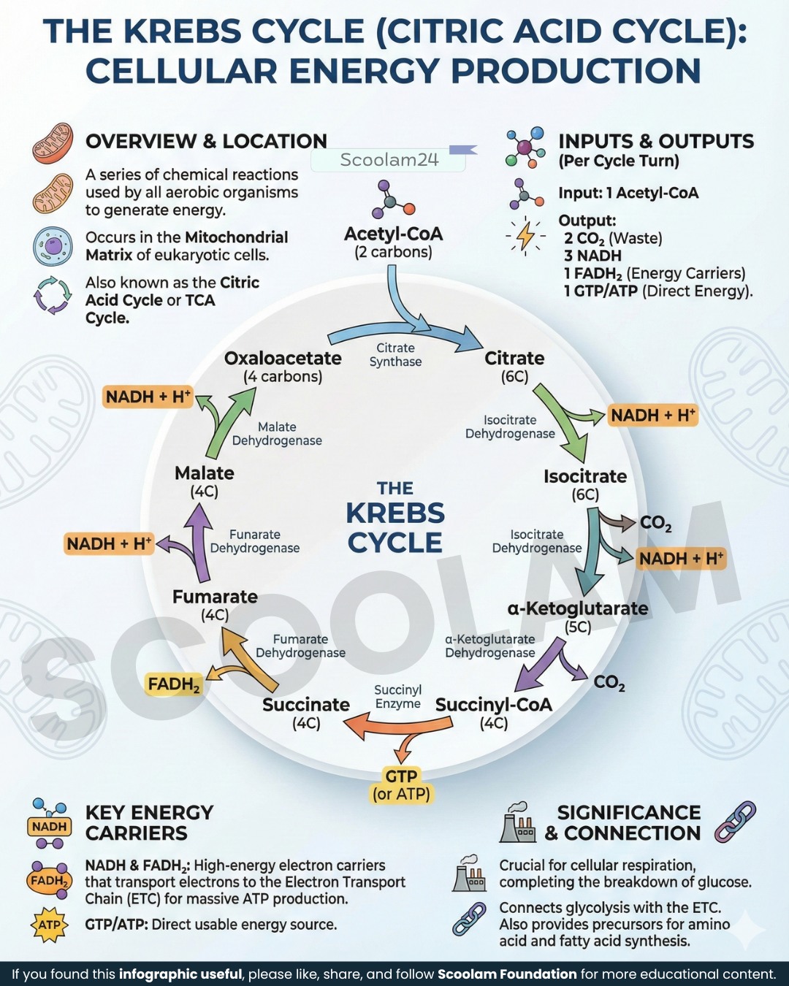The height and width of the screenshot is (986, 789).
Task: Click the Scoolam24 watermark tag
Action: tap(389, 159)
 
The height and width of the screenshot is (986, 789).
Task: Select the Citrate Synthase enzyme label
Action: tap(395, 355)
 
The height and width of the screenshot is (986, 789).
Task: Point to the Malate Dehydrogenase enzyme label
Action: tap(277, 433)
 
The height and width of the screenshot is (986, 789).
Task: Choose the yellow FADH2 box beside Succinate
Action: tap(174, 684)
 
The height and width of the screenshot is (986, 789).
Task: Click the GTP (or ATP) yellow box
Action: tap(402, 785)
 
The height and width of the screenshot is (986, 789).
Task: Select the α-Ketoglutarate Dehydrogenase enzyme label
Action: tap(490, 646)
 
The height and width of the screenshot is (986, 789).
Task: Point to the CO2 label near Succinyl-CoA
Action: tap(609, 683)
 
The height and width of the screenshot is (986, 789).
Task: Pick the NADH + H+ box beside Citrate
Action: tap(653, 416)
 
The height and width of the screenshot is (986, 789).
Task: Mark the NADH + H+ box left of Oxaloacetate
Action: tap(148, 397)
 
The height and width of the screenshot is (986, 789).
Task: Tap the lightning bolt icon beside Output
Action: tap(525, 237)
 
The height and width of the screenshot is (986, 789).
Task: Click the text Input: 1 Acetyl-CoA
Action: tap(628, 193)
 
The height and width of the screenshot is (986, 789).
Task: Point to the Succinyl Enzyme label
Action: tap(397, 697)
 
